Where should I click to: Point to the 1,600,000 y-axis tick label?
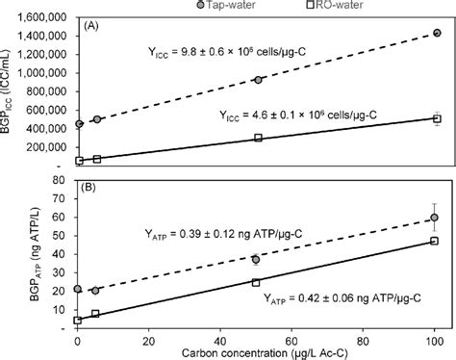(40, 16)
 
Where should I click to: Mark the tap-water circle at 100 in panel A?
(436, 32)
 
